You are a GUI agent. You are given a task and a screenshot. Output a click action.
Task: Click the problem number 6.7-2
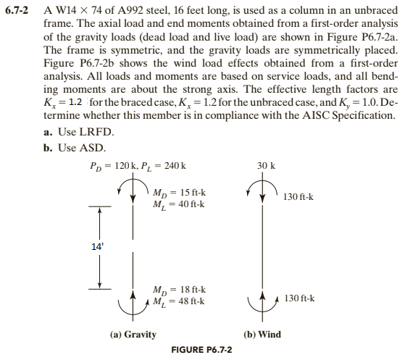(17, 10)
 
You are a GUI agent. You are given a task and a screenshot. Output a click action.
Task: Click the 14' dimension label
(97, 247)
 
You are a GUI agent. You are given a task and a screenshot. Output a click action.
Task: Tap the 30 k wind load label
(266, 166)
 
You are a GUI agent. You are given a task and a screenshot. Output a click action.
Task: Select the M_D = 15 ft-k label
(179, 193)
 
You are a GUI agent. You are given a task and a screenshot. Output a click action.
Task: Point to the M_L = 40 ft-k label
(179, 204)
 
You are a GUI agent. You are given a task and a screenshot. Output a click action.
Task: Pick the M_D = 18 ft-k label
(179, 290)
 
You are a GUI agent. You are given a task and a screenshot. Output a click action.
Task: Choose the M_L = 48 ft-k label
(179, 301)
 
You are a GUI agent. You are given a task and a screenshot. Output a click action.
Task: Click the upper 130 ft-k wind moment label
(298, 197)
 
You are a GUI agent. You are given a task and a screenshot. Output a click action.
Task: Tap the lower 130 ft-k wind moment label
(300, 298)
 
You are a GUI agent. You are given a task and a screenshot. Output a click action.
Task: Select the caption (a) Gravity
(133, 335)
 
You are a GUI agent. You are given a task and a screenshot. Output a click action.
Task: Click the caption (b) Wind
(262, 335)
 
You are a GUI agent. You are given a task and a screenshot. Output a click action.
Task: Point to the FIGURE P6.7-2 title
(201, 350)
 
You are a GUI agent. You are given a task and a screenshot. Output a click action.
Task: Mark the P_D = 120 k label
(112, 166)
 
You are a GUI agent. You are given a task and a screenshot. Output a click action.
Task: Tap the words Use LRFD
(85, 133)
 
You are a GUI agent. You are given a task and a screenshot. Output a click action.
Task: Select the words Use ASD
(82, 148)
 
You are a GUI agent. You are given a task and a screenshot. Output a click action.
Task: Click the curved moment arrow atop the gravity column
(133, 179)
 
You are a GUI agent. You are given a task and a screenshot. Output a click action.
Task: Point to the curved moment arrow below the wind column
(263, 311)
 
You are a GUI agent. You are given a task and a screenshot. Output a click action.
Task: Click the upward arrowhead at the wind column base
(262, 296)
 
